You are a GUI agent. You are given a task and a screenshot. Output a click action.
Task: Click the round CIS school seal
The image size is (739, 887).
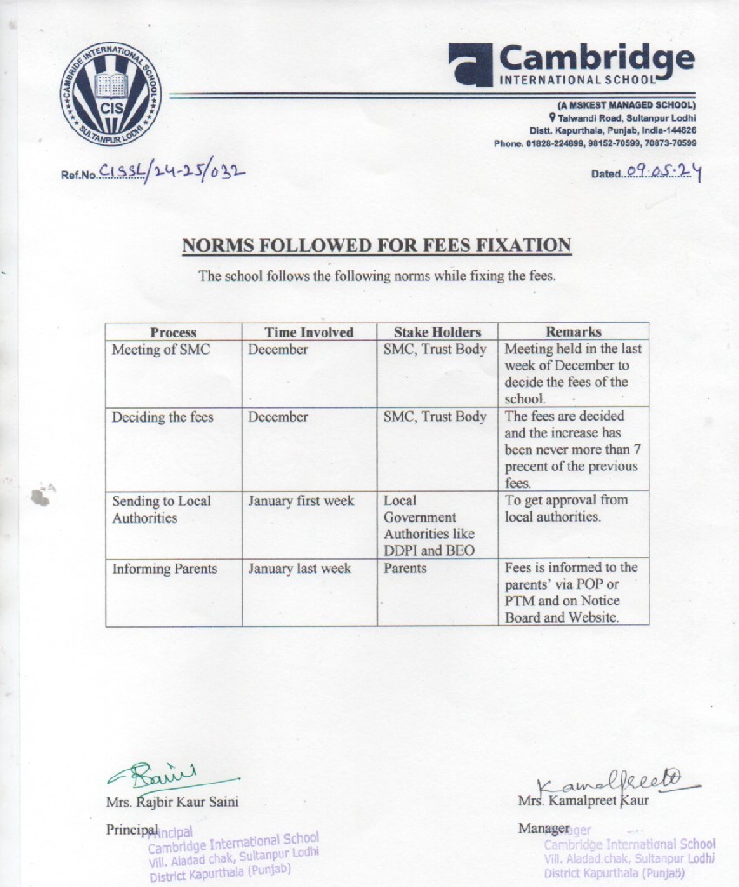point(110,93)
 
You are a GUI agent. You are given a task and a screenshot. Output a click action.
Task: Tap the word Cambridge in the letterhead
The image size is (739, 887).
point(596,58)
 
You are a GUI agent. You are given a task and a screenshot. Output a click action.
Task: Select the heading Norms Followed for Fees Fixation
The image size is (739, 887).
point(376,245)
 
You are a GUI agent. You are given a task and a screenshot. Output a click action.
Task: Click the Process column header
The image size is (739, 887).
point(174,332)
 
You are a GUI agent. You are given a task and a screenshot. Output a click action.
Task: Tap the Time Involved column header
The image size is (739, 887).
point(310,332)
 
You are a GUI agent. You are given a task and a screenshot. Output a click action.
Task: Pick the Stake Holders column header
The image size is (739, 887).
point(437,332)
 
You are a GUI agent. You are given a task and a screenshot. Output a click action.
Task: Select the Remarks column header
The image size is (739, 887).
point(573,331)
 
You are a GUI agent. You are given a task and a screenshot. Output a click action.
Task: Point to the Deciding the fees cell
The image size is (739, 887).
point(163,417)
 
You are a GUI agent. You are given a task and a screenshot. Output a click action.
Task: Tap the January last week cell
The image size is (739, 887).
point(299,568)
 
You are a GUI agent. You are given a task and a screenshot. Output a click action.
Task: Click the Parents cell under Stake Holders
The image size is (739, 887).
point(405,568)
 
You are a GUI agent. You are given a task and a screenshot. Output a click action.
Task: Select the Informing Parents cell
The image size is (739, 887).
point(164,569)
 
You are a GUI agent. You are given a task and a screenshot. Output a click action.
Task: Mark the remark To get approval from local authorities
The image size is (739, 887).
point(566,509)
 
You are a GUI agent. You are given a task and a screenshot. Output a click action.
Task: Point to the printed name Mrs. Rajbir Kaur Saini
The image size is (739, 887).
point(172,802)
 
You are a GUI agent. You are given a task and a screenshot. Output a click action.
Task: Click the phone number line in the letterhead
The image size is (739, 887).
point(595,143)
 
